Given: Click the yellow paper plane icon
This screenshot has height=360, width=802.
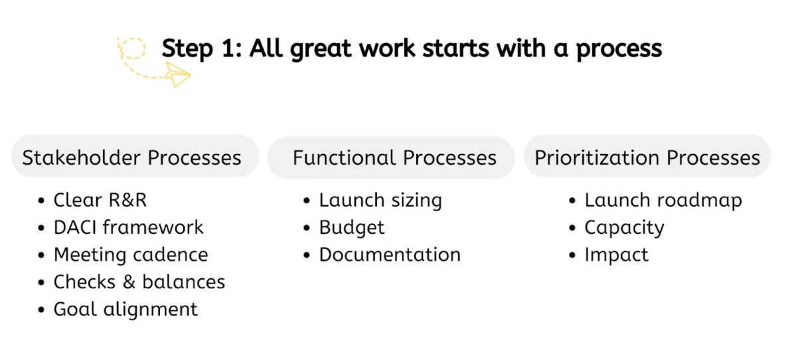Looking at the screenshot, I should (177, 74).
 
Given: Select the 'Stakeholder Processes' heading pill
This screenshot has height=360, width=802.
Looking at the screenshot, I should (131, 157).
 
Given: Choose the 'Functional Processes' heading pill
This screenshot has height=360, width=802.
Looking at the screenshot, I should (394, 157).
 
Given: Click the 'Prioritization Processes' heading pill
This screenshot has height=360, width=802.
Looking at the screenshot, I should (647, 157).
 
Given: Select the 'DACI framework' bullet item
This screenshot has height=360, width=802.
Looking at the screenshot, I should (128, 227).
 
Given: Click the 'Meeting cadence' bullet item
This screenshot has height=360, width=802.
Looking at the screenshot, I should (130, 254).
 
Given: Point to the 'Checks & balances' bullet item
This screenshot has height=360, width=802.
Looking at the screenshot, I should (139, 282).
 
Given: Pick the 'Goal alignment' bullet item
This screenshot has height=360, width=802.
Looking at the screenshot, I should (125, 309).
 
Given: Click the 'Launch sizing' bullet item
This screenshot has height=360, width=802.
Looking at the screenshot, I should (380, 200).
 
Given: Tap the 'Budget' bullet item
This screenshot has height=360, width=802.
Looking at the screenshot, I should (351, 227).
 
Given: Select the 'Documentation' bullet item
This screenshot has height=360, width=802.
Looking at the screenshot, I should (389, 254).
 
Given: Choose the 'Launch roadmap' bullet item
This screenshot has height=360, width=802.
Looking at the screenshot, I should (663, 200).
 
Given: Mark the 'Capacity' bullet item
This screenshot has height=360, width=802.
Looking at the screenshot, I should (623, 227).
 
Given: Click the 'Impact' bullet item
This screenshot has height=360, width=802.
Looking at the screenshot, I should (616, 254).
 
